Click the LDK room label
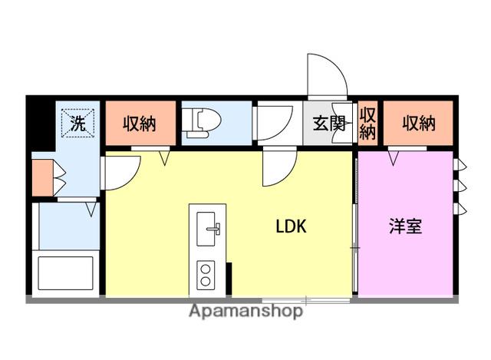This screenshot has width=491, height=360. pos(292,226)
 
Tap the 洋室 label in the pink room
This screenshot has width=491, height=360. pos(405,227)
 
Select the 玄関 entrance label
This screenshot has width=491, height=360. pos(329,124)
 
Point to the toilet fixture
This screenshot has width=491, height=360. pos(202,121)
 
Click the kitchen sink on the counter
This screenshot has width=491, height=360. pos(207,229)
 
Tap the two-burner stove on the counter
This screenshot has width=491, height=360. pos(206,274)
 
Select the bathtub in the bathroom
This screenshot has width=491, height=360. pos(65,272)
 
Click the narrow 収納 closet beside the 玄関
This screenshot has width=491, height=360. pos(367,123)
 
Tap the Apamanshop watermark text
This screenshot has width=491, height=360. pos(245,311)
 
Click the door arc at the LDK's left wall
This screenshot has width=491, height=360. pos(121,173)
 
